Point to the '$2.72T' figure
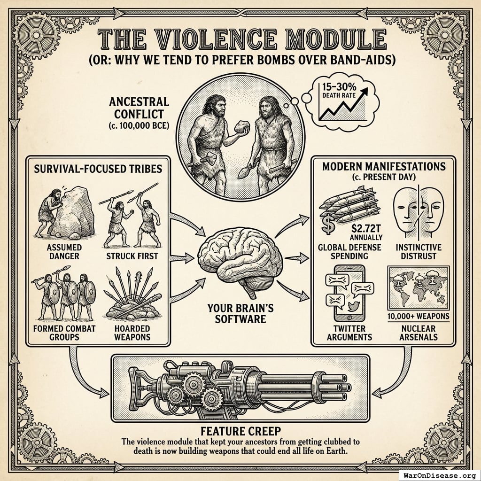point(365,229)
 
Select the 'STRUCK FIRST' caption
point(132,256)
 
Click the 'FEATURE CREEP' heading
point(240,431)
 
